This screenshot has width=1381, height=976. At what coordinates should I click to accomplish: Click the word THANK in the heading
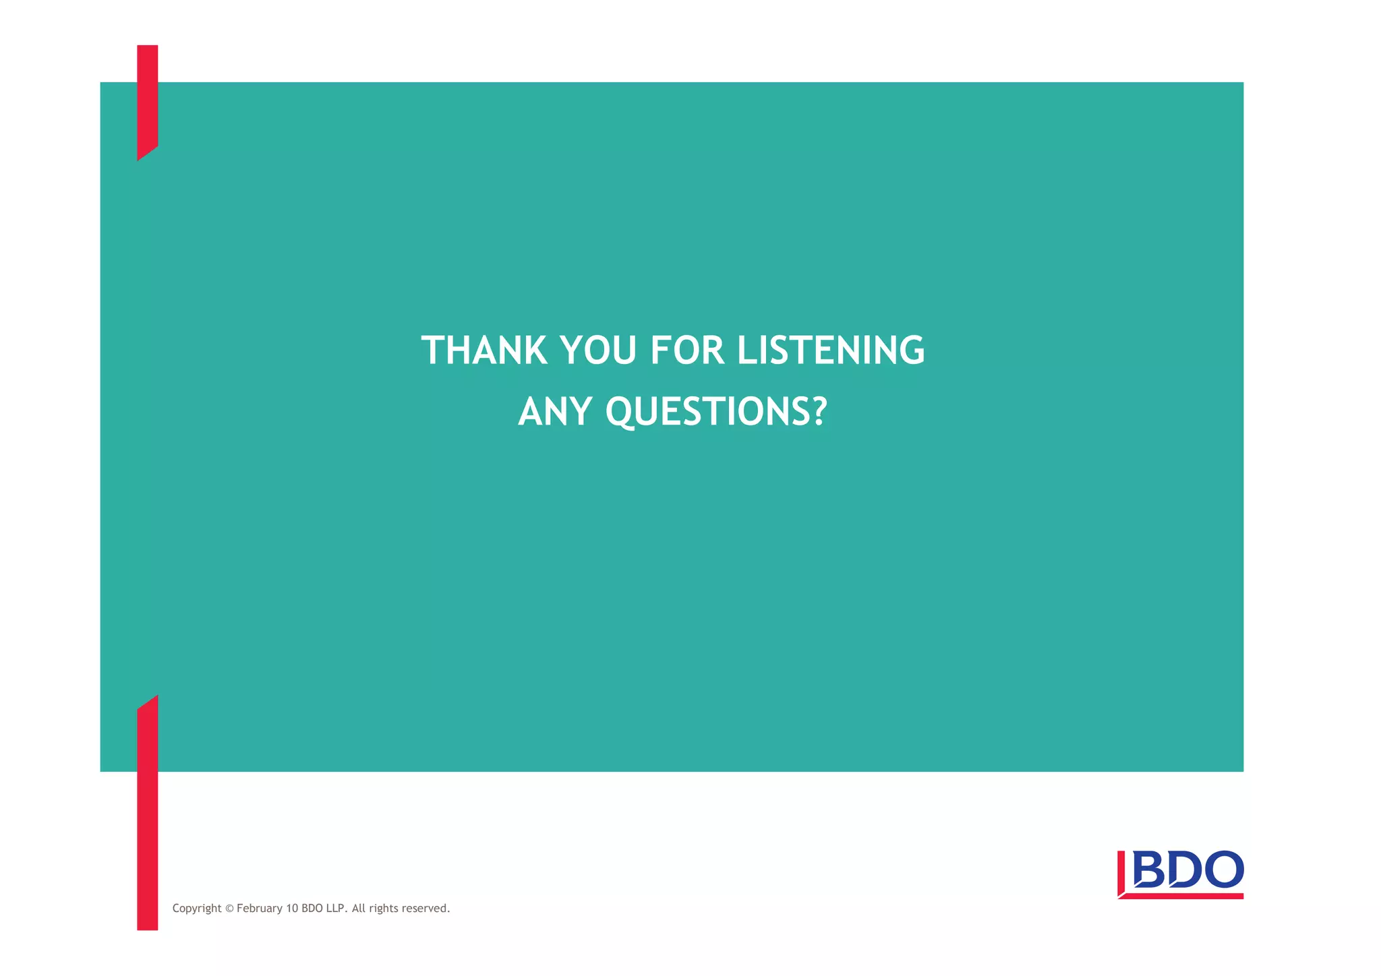point(483,350)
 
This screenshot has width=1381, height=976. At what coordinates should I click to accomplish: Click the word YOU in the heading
point(598,350)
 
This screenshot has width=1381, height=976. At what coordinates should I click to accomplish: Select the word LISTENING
point(831,350)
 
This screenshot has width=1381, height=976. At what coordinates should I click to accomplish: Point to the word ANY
point(555,411)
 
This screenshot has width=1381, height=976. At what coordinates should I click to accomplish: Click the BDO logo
point(1180,874)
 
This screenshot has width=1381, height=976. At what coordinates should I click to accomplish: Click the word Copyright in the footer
point(197,909)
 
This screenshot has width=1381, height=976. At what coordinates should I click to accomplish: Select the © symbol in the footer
point(229,909)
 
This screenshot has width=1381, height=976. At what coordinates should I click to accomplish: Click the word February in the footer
point(260,909)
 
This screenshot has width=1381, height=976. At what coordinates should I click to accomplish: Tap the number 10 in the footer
point(292,909)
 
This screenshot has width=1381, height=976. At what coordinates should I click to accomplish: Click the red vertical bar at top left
point(147,101)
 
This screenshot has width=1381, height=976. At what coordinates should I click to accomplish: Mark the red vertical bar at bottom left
point(147,816)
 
